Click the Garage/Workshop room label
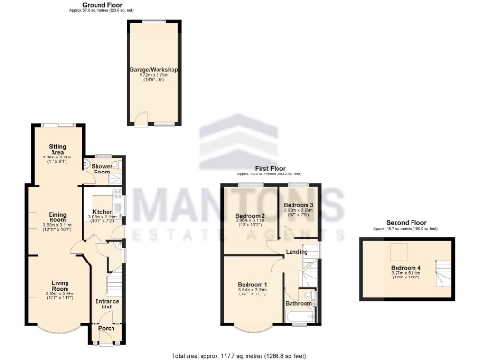(x=155, y=70)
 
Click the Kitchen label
(x=102, y=213)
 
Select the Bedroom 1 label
(x=251, y=285)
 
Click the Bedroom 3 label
(x=299, y=205)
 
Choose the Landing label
(x=297, y=252)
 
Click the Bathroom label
(x=299, y=304)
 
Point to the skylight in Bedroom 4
(x=395, y=249)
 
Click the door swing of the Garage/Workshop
(x=142, y=118)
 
